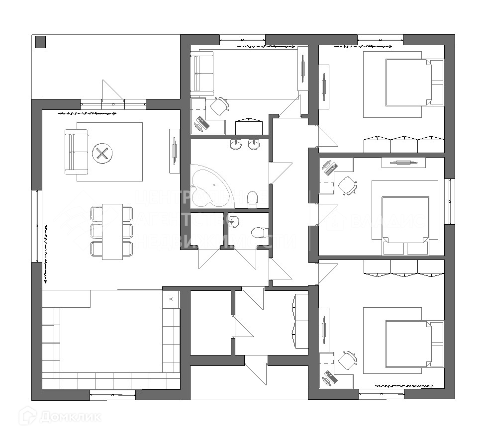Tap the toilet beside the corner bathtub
[x=253, y=199]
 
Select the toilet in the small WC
[x=259, y=232]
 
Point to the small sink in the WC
[x=234, y=221]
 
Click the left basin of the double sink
[x=236, y=145]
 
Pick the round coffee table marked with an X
[x=102, y=153]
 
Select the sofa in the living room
[x=76, y=152]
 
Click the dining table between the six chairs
[x=112, y=231]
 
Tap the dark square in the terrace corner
[x=41, y=42]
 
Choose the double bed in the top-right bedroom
[x=408, y=82]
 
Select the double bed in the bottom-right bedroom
[x=408, y=344]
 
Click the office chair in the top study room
[x=219, y=106]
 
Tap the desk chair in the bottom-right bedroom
[x=348, y=360]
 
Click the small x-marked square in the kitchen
[x=171, y=299]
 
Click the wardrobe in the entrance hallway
[x=301, y=321]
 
